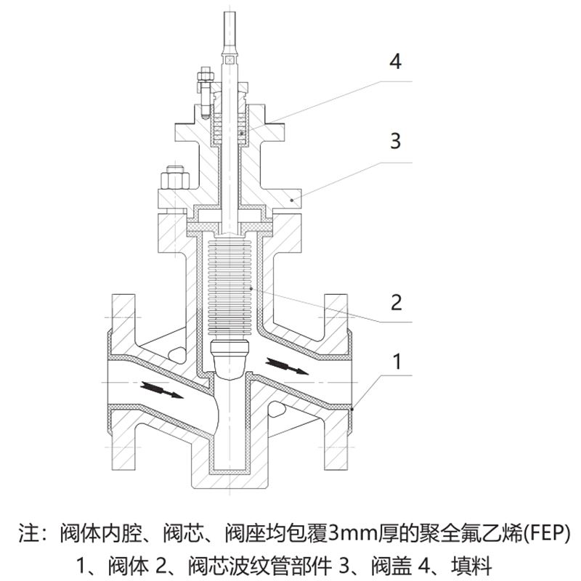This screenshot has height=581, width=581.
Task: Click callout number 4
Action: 395,61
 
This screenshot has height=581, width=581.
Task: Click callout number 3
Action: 395,140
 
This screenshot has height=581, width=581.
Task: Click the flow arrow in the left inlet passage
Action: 162,390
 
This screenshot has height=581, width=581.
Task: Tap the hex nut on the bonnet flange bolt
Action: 175,179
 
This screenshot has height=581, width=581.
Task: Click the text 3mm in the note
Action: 351,534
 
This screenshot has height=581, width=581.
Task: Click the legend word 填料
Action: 474,564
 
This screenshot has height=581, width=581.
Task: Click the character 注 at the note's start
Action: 28,534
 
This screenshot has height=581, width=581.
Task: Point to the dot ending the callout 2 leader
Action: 251,289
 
